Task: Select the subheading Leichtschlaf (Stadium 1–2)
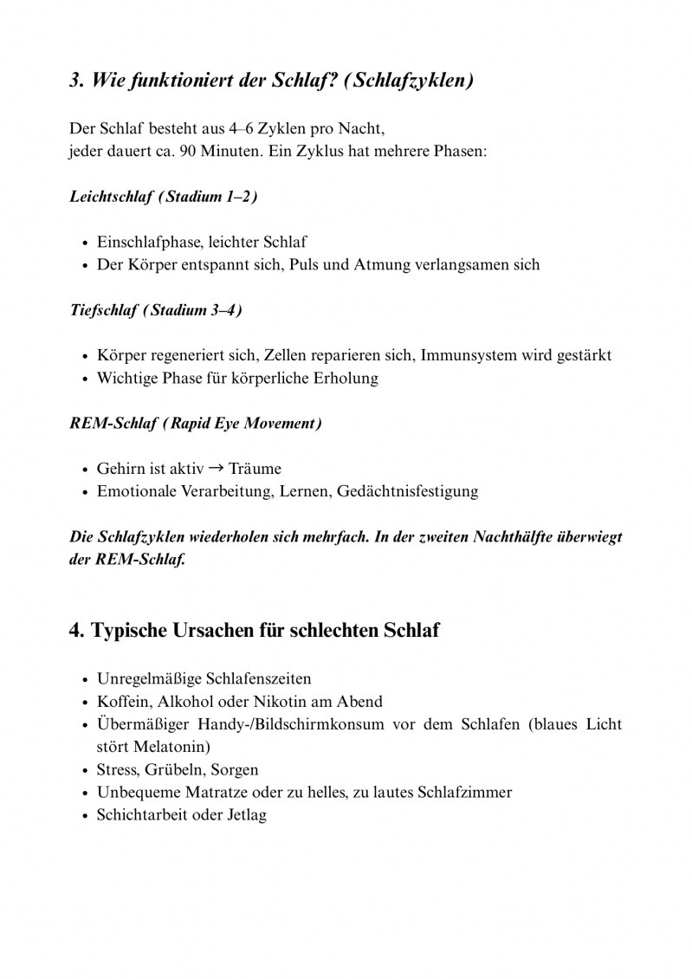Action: click(164, 197)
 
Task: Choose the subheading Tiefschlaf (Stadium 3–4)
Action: click(156, 310)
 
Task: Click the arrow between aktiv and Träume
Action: click(217, 468)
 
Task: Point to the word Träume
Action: click(255, 469)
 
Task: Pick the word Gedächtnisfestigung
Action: click(408, 491)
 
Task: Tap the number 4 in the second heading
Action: click(75, 630)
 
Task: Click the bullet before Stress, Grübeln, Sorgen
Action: click(84, 770)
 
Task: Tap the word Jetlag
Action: click(247, 814)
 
